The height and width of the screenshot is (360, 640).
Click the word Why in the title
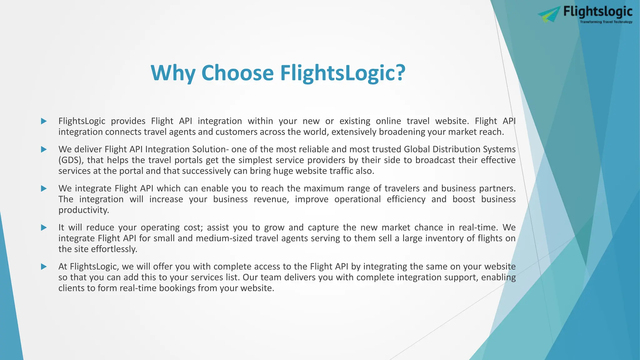tap(173, 73)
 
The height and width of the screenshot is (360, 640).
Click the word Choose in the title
tap(237, 73)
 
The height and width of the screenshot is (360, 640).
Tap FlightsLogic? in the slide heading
tap(342, 73)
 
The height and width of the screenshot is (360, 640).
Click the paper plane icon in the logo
tap(549, 14)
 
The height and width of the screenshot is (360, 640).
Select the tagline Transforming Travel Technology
tap(606, 22)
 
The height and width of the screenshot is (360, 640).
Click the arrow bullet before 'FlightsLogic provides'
tap(44, 121)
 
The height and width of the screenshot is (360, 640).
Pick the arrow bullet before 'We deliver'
tap(44, 149)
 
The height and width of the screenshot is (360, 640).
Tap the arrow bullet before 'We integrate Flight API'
tap(44, 188)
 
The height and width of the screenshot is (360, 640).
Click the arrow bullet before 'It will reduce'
tap(44, 227)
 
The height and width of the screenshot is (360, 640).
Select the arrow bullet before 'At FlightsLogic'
tap(44, 267)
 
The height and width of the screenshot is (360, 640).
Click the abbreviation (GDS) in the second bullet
tap(71, 160)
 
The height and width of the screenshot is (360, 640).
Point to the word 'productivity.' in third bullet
tap(84, 210)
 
